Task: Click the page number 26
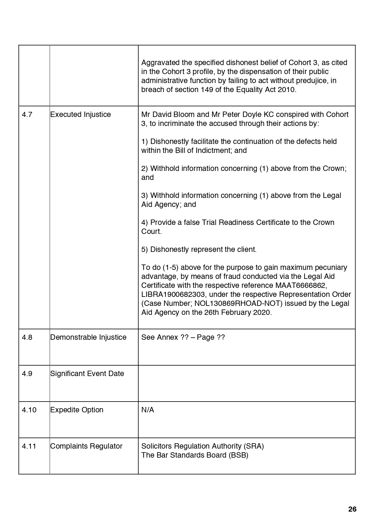[352, 509]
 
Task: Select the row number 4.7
[27, 115]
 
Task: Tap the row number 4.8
[27, 337]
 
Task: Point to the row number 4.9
[27, 374]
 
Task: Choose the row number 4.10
[29, 410]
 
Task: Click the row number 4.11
[29, 446]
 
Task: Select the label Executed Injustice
[80, 115]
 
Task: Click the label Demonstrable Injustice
[88, 337]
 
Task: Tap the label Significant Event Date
[87, 374]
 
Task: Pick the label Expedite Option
[76, 410]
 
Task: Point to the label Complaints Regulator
[86, 446]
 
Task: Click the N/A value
[148, 410]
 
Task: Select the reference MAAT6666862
[300, 285]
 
